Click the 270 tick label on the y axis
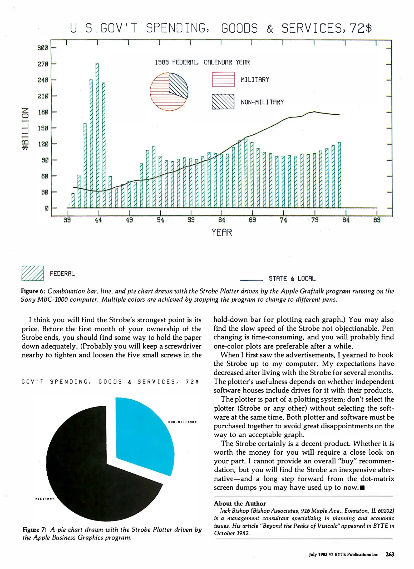(43, 64)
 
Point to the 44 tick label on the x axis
(98, 220)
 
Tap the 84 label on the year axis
(346, 220)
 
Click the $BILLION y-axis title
(25, 129)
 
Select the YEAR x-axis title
(222, 233)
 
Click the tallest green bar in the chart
(97, 136)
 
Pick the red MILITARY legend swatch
(223, 79)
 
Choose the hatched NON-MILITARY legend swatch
(223, 102)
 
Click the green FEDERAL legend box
(32, 273)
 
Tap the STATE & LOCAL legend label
(292, 279)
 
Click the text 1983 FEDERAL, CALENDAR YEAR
(202, 62)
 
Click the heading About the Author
(240, 503)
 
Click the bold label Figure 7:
(34, 529)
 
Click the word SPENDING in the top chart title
(176, 28)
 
